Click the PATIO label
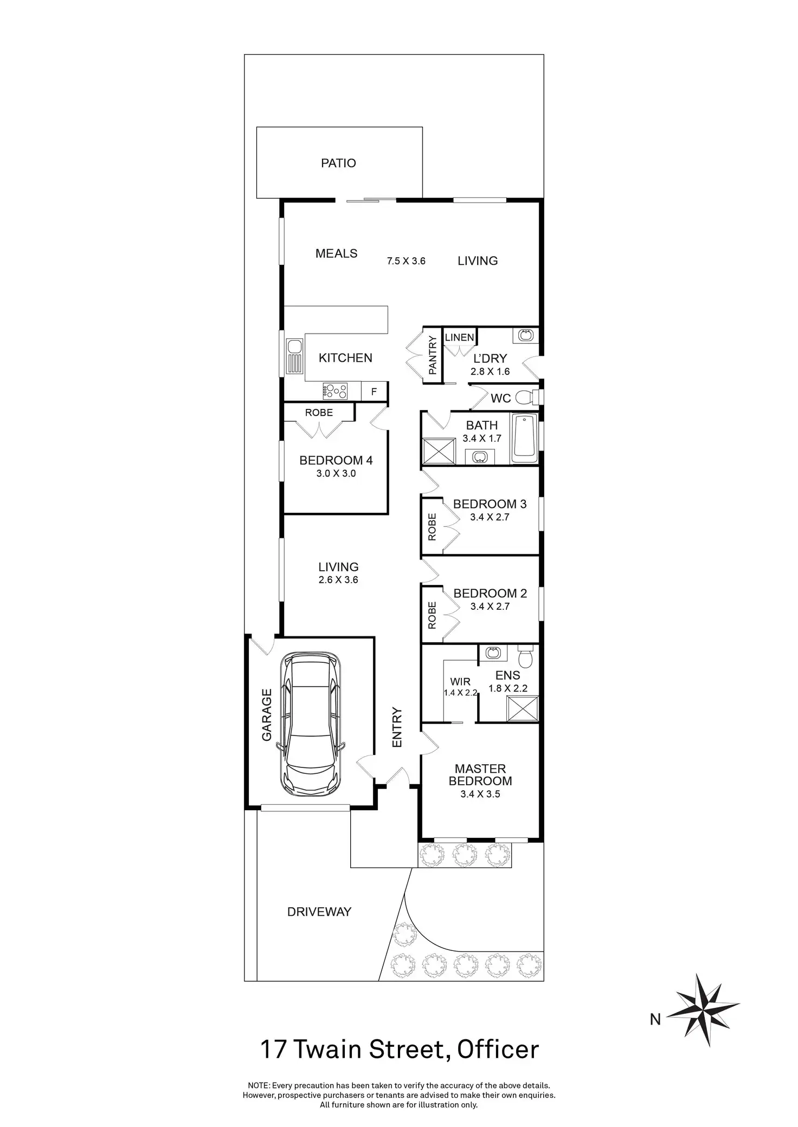point(338,163)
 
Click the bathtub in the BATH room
point(524,438)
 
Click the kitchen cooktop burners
point(335,390)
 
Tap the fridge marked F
point(374,392)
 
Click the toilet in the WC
point(525,398)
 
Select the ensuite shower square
point(523,709)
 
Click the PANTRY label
point(433,355)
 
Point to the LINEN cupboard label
point(459,337)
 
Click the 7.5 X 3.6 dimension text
point(406,261)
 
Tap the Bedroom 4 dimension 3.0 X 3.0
point(336,473)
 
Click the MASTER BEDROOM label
point(480,774)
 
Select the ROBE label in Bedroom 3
point(432,527)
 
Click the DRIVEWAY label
point(319,911)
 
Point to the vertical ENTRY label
point(397,727)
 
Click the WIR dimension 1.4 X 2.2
point(460,693)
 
